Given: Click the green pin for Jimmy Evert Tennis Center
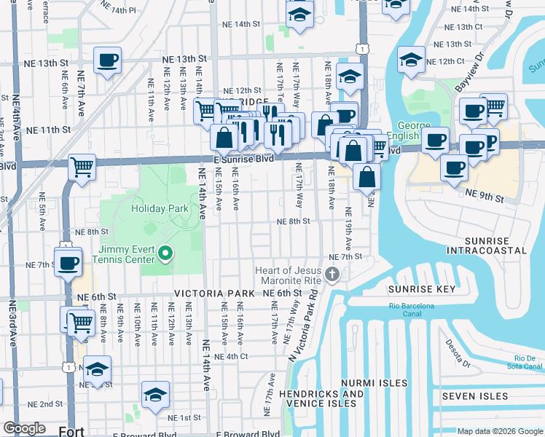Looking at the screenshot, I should [165, 253].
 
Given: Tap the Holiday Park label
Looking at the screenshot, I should [160, 208].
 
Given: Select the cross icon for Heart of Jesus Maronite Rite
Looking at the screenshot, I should [332, 275].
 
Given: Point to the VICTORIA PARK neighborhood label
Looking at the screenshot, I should [214, 293].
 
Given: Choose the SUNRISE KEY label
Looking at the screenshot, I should [421, 289].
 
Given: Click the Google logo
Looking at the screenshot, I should [24, 428].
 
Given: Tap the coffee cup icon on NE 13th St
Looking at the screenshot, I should [107, 60].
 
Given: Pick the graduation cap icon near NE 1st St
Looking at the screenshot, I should [155, 395].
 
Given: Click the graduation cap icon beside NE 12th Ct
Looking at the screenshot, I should [412, 60].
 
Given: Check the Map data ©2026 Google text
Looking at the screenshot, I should [499, 431].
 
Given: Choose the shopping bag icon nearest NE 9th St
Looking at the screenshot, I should [367, 176].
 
